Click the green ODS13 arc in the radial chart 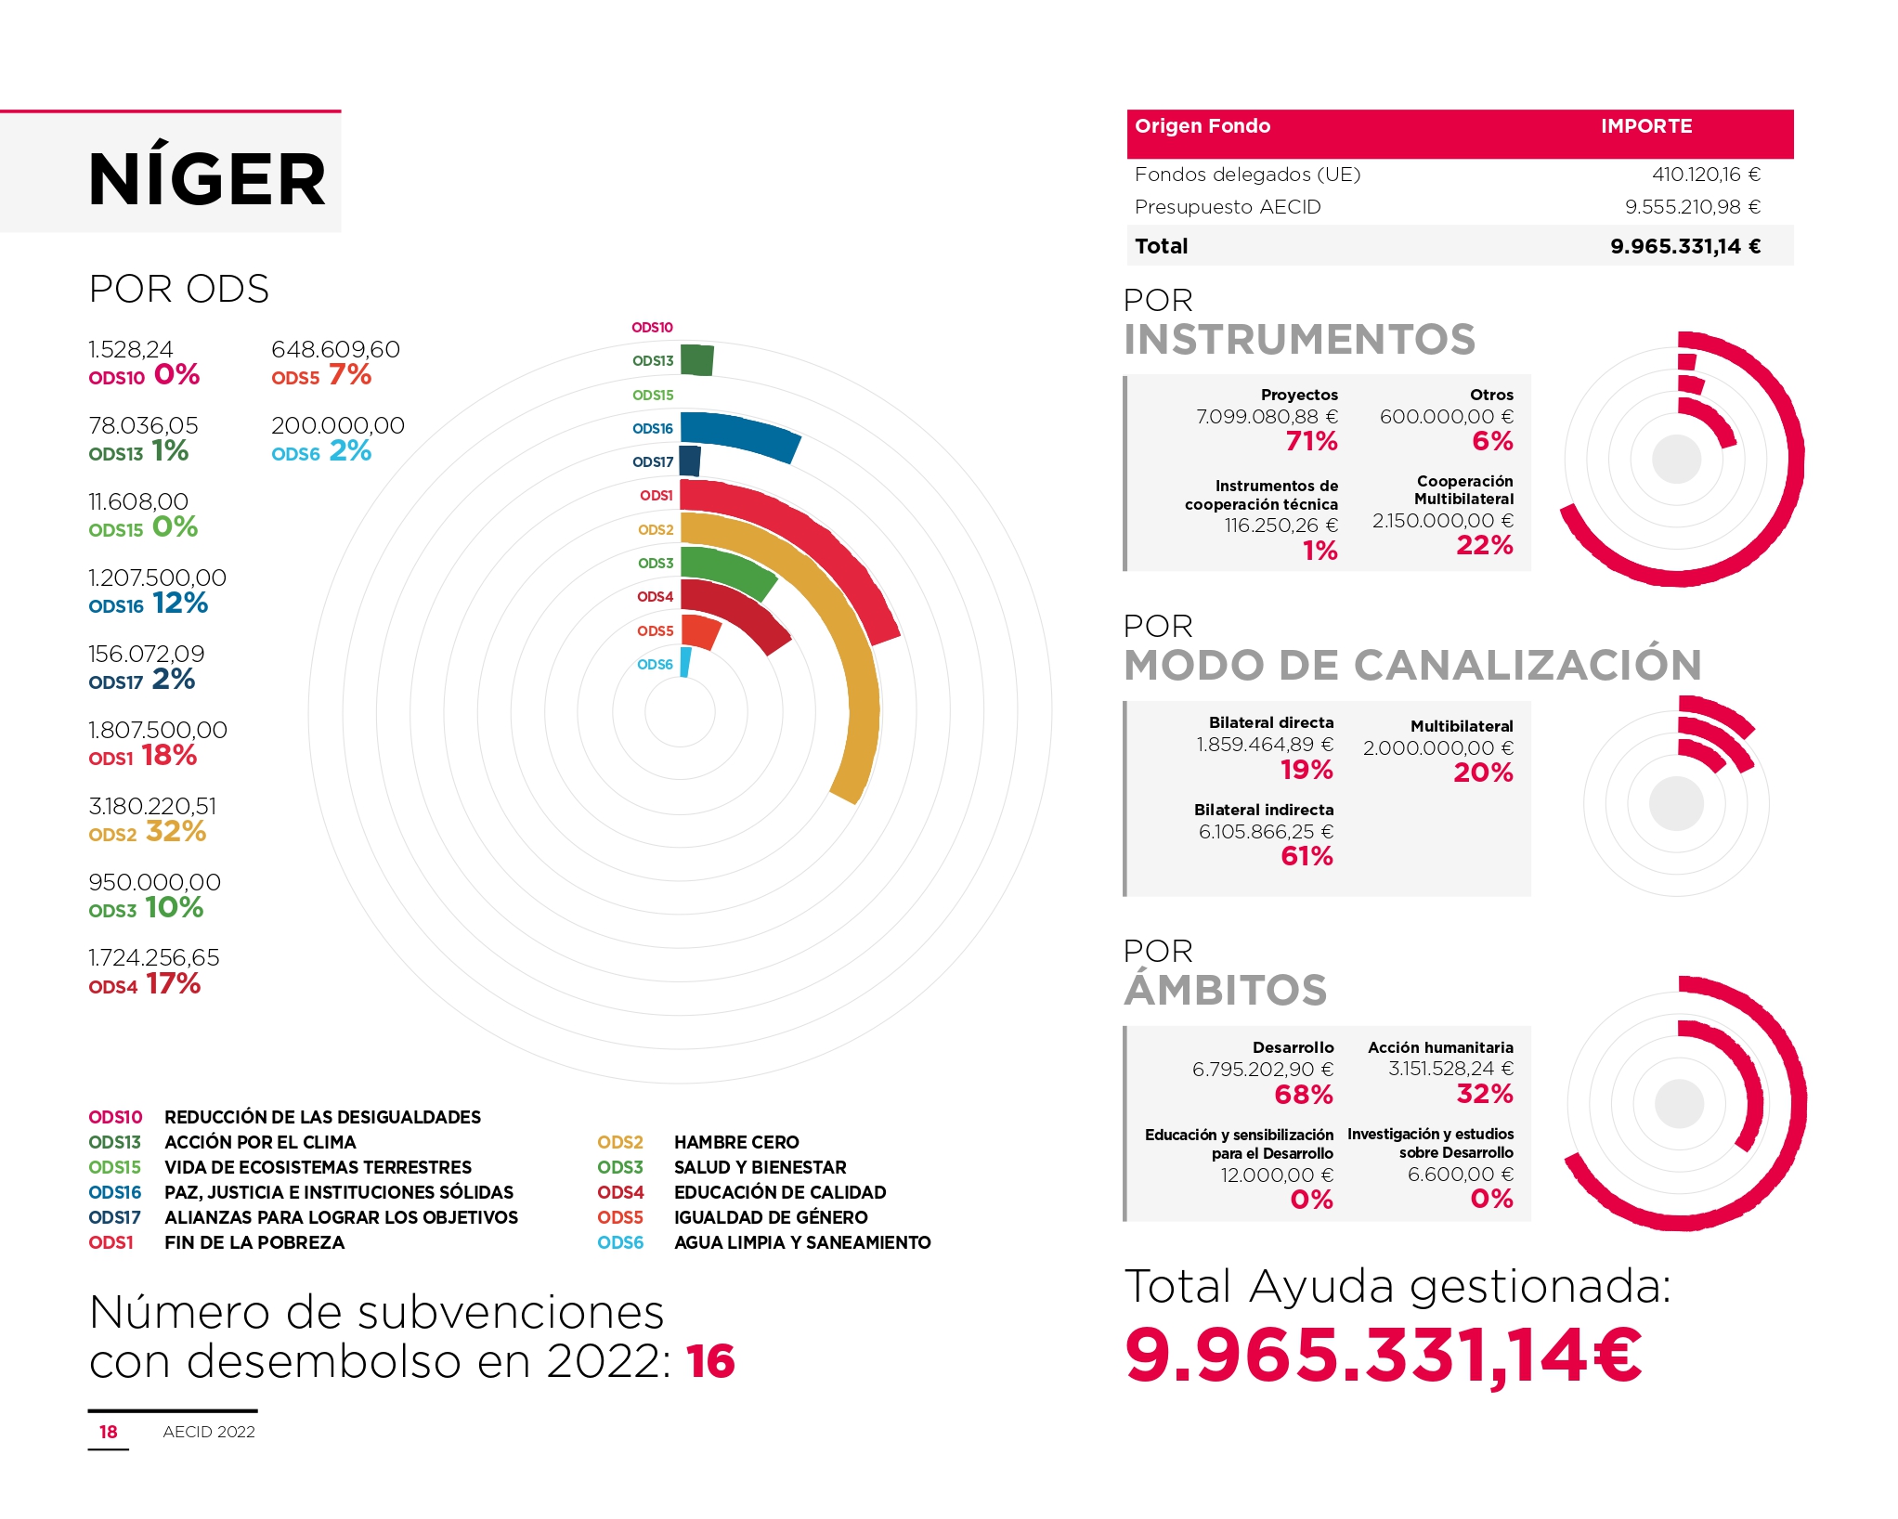(696, 360)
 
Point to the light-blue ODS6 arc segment (685, 662)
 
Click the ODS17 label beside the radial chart (653, 462)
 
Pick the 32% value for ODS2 (175, 831)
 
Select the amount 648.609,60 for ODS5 (335, 349)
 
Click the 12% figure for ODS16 (180, 604)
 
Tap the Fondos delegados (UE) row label (1247, 175)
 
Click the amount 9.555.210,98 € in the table (1692, 207)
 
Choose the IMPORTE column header (1645, 126)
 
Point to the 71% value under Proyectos (1311, 442)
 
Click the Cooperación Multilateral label (1463, 490)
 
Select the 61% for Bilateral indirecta (1306, 856)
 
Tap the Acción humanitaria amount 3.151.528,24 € (1450, 1069)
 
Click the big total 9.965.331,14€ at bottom (1384, 1356)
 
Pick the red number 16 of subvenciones (710, 1362)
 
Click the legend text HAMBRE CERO (736, 1142)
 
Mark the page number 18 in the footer (109, 1432)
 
